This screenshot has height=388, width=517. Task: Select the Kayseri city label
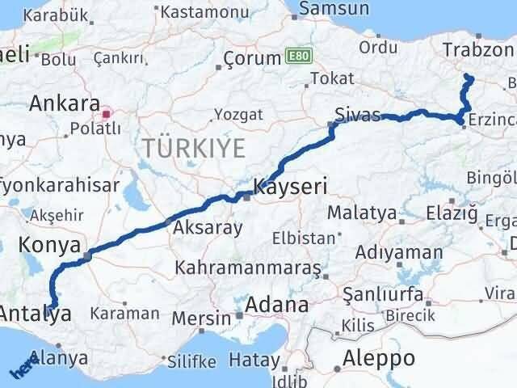(290, 187)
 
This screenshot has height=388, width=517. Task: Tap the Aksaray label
(207, 228)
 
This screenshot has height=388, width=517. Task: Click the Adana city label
(278, 306)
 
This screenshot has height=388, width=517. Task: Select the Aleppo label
(379, 357)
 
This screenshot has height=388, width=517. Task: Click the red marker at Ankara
(106, 103)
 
